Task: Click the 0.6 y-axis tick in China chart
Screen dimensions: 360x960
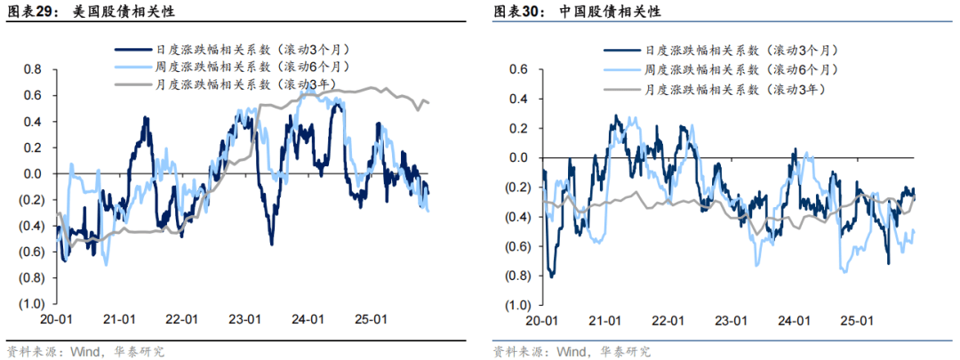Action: [519, 69]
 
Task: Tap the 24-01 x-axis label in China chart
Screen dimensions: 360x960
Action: [794, 321]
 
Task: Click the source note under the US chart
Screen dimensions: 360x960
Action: [84, 350]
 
